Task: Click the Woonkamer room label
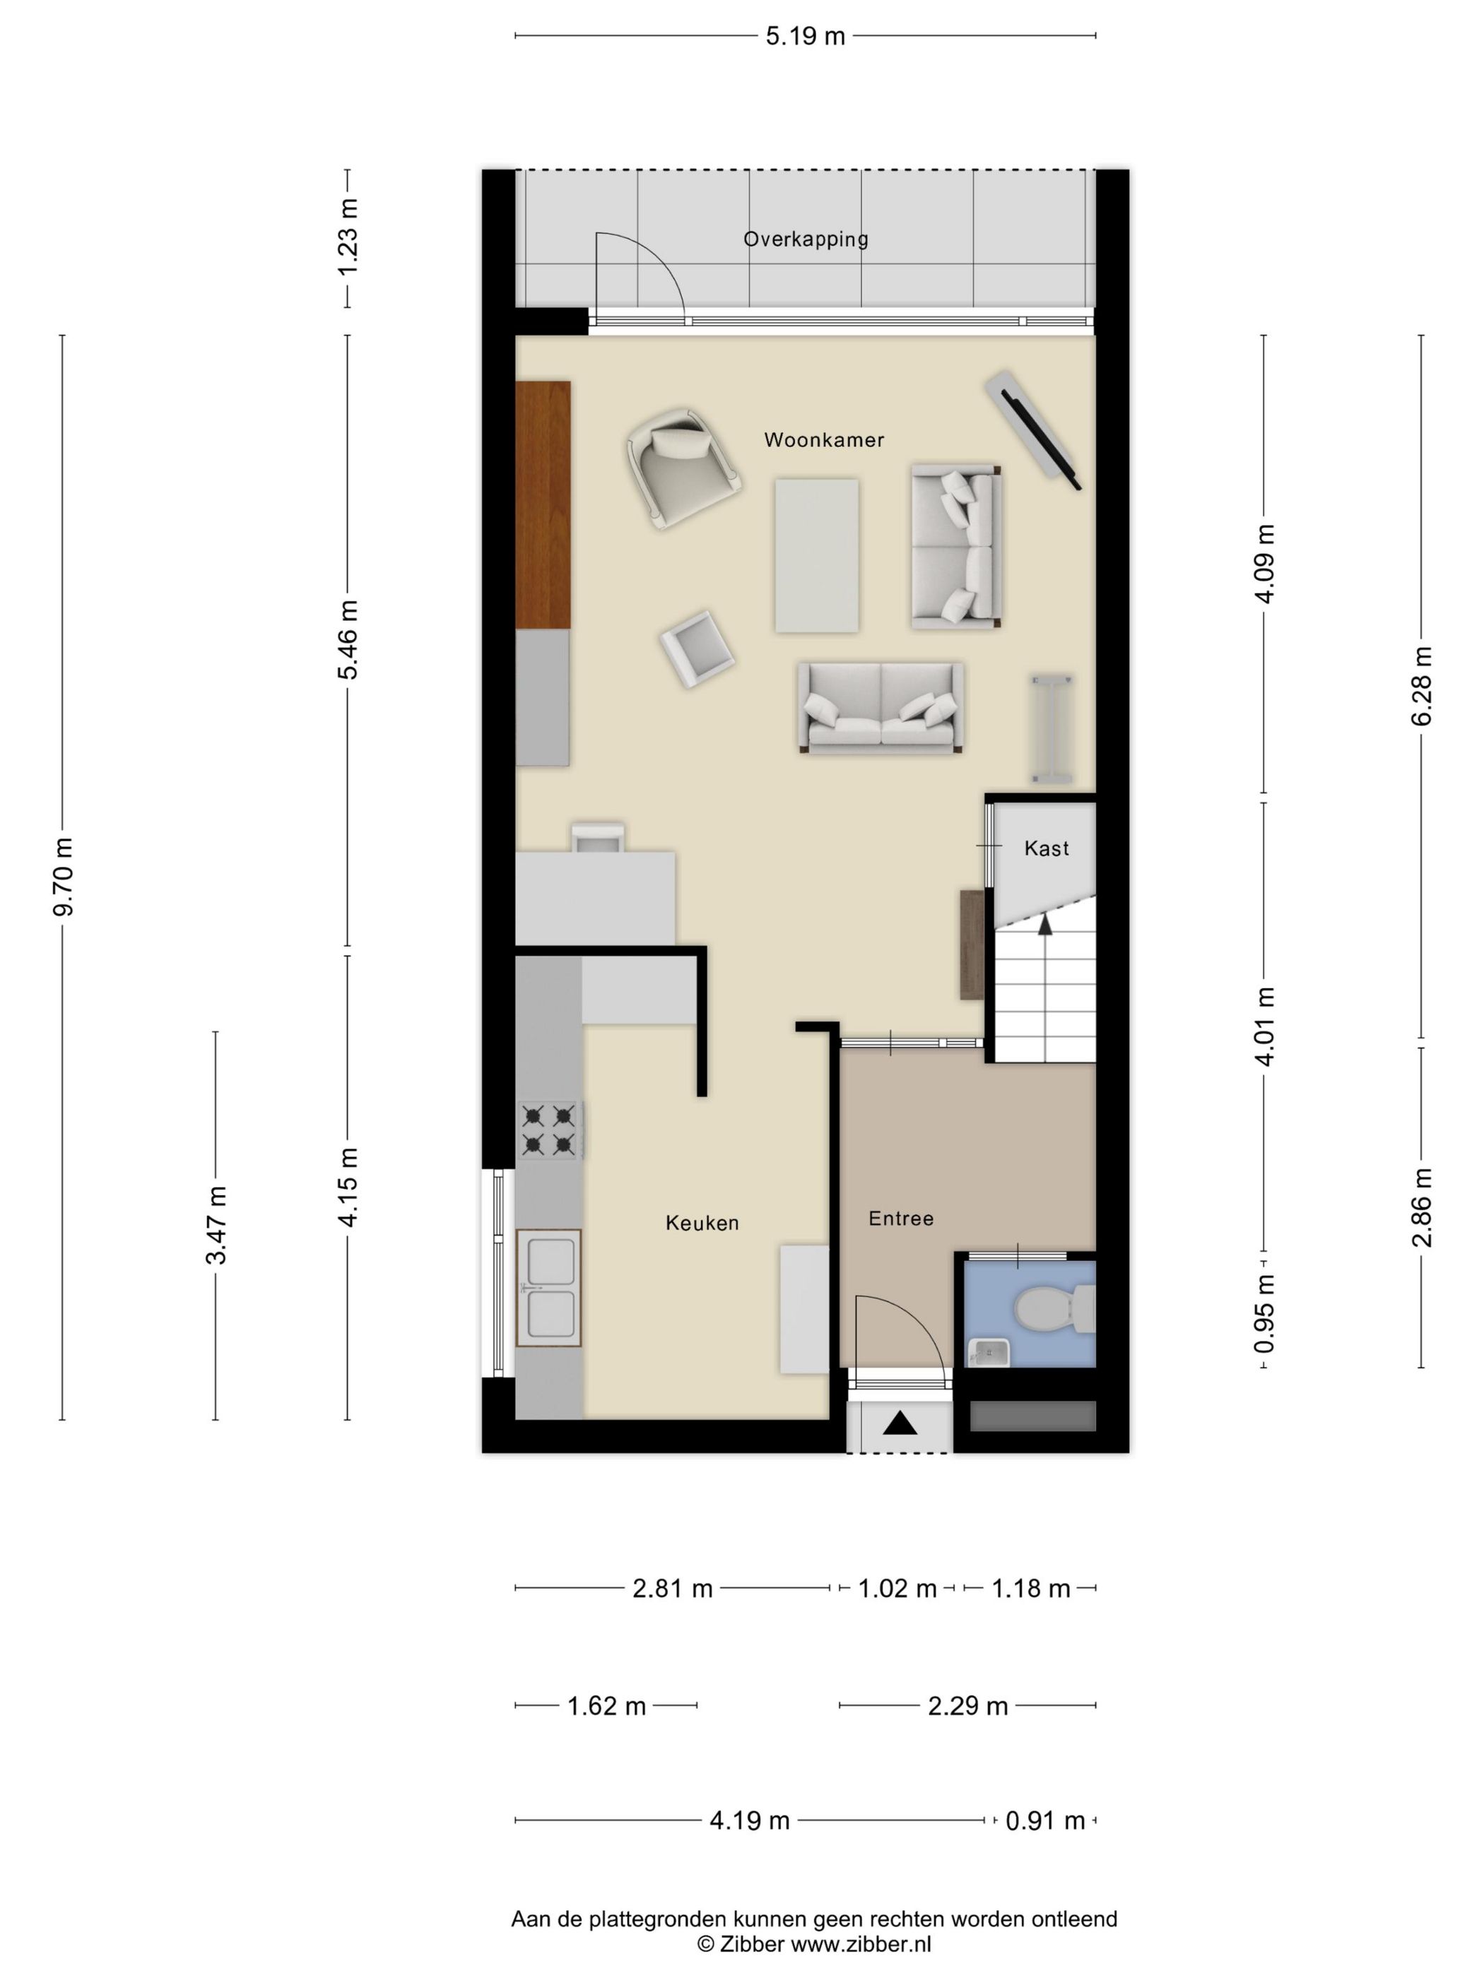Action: click(x=824, y=440)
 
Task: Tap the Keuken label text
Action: click(x=702, y=1224)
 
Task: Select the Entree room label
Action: click(x=901, y=1219)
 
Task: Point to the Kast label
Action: click(x=1047, y=848)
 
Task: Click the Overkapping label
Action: click(x=806, y=239)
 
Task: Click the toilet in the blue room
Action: click(x=1054, y=1308)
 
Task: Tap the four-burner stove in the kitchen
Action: click(x=549, y=1130)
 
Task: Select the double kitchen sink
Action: click(x=549, y=1288)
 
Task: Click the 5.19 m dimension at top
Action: click(x=805, y=37)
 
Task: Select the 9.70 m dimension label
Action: click(x=64, y=877)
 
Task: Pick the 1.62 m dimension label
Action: click(x=606, y=1706)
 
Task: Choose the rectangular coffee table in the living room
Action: click(x=817, y=556)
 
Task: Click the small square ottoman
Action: click(x=697, y=649)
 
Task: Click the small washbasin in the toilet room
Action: click(x=989, y=1353)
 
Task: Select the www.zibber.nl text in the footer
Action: click(x=861, y=1944)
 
